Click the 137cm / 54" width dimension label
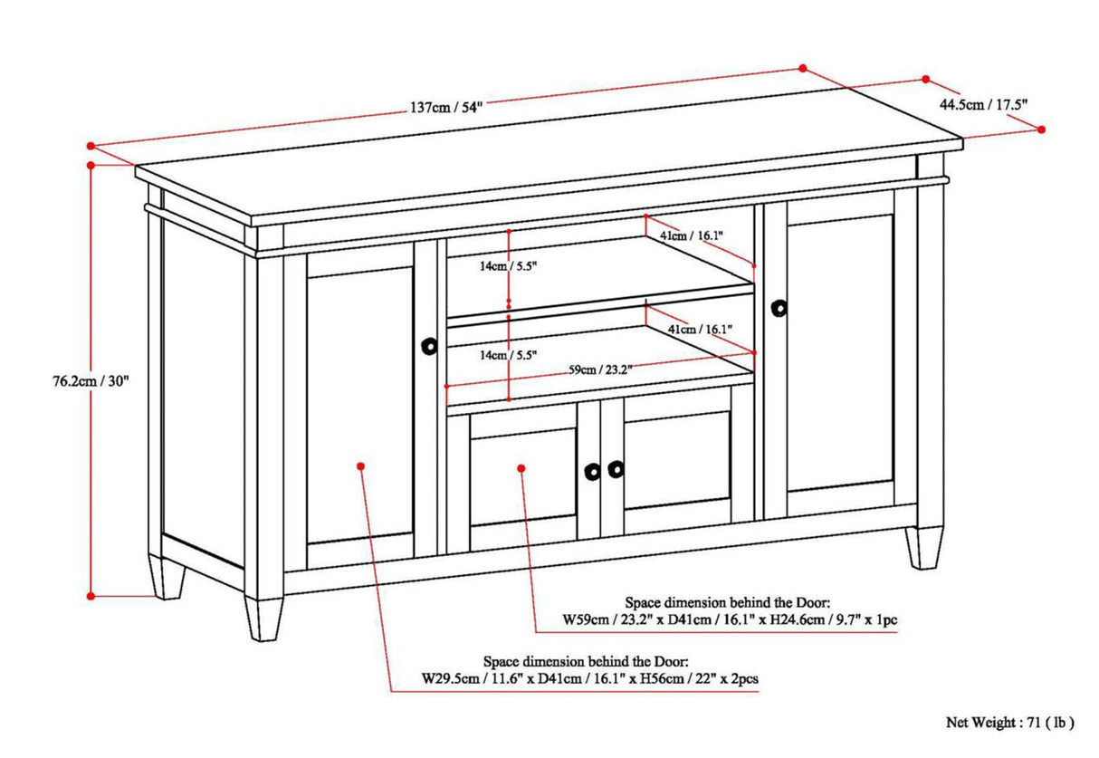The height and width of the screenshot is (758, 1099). [446, 107]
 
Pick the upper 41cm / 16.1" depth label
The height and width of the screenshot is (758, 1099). [692, 235]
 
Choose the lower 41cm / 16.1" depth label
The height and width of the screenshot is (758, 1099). [699, 330]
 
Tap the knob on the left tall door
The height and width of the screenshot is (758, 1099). [429, 345]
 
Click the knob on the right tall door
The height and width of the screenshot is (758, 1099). [779, 308]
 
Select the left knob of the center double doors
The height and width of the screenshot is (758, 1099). [592, 471]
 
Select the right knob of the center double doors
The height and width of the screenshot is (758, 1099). [616, 468]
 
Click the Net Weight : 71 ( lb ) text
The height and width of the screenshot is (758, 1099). [1009, 722]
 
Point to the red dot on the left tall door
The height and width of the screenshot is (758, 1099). [360, 465]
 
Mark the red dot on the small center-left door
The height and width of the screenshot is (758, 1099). [521, 467]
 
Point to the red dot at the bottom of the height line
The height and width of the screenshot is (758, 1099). [91, 595]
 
